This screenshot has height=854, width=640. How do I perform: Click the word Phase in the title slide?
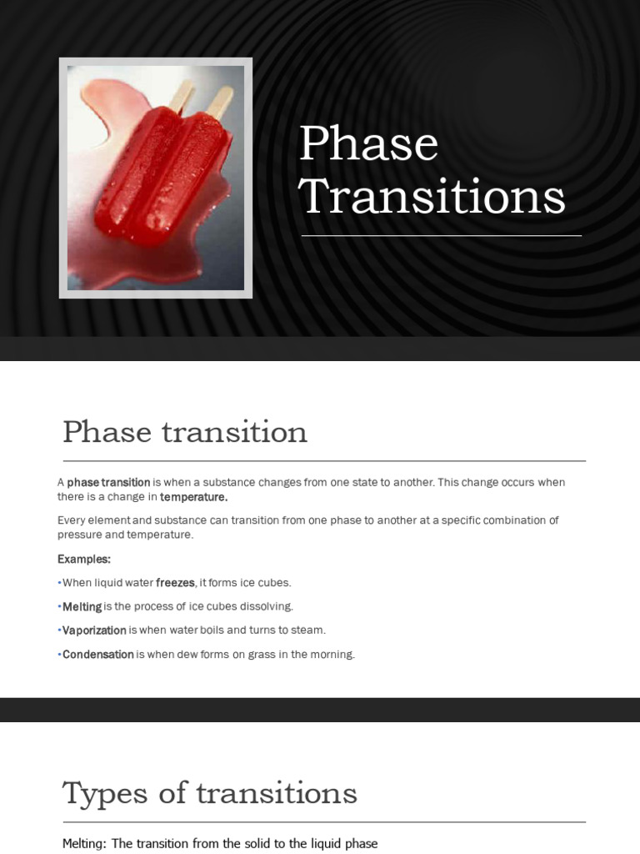pyautogui.click(x=368, y=143)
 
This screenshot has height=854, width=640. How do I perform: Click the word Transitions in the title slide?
pyautogui.click(x=432, y=198)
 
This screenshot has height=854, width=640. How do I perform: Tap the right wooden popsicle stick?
pyautogui.click(x=220, y=102)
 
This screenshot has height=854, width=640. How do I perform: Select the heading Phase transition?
pyautogui.click(x=184, y=432)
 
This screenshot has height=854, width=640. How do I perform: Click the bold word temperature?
pyautogui.click(x=193, y=497)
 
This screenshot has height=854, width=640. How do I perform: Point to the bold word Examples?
pyautogui.click(x=84, y=559)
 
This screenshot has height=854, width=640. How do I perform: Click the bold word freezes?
pyautogui.click(x=175, y=583)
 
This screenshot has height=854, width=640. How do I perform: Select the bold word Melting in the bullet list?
pyautogui.click(x=82, y=606)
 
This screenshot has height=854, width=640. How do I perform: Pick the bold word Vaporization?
pyautogui.click(x=94, y=630)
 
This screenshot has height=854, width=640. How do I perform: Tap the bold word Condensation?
pyautogui.click(x=97, y=655)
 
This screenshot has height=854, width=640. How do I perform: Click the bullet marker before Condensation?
pyautogui.click(x=59, y=655)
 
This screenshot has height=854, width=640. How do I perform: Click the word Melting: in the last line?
pyautogui.click(x=84, y=844)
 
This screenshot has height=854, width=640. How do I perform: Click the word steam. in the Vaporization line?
pyautogui.click(x=309, y=630)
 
